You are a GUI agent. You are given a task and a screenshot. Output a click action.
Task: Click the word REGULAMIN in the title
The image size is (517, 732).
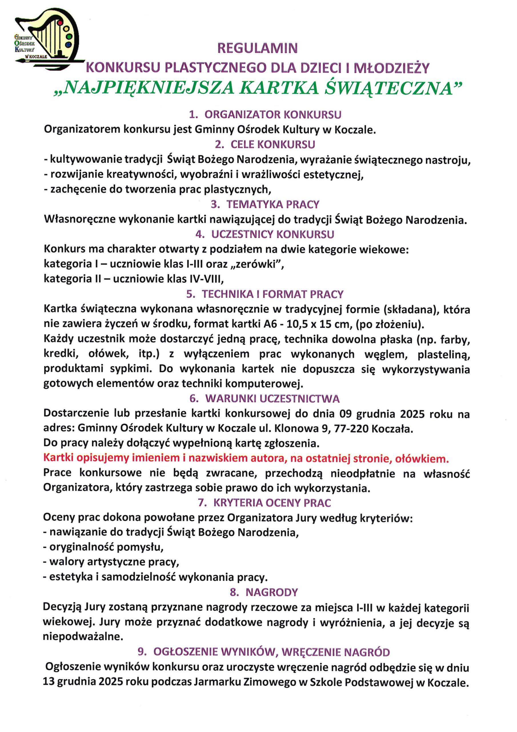pos(257,48)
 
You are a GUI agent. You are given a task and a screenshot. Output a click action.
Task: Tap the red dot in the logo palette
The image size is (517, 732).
pos(60,23)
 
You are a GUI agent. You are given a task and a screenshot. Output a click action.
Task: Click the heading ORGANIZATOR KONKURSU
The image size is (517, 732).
pos(273,114)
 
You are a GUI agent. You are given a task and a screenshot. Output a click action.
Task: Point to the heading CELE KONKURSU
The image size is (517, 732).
pos(273,144)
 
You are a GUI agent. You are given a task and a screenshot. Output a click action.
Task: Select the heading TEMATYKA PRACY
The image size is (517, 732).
pos(273,204)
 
